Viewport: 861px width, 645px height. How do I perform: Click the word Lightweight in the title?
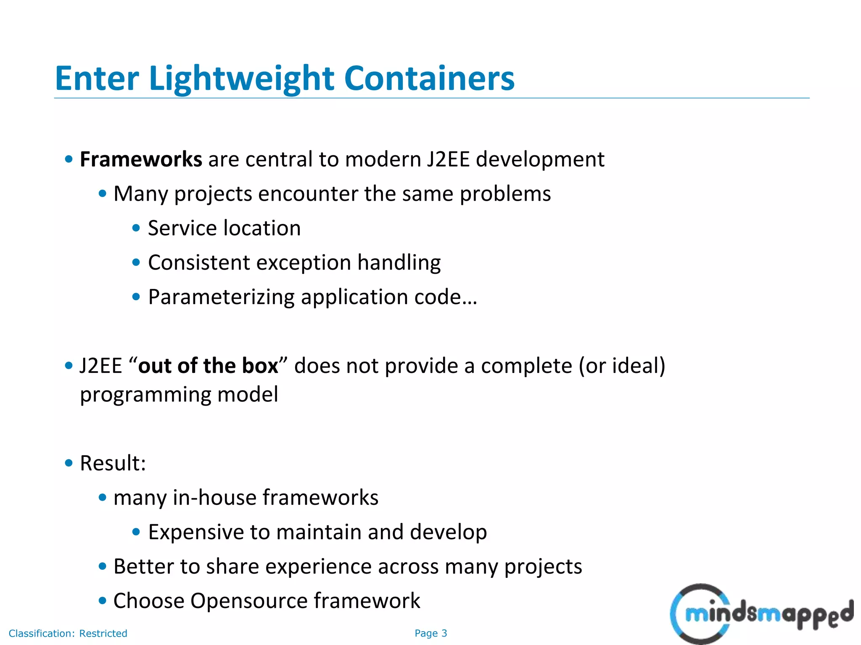pyautogui.click(x=242, y=79)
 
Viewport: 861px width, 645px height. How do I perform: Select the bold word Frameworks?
pyautogui.click(x=141, y=160)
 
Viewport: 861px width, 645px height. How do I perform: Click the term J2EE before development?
pyautogui.click(x=448, y=160)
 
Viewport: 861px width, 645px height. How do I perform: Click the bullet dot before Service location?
pyautogui.click(x=136, y=228)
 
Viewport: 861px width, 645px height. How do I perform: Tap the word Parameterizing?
pyautogui.click(x=221, y=297)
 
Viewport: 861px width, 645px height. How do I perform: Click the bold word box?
pyautogui.click(x=260, y=366)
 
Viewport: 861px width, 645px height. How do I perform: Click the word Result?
pyautogui.click(x=113, y=463)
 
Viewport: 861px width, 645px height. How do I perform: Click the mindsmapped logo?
pyautogui.click(x=761, y=613)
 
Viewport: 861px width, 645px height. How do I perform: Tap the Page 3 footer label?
pyautogui.click(x=430, y=633)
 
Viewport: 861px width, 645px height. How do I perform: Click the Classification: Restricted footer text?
pyautogui.click(x=68, y=633)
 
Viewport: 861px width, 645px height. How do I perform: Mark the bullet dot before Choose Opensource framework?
pyautogui.click(x=102, y=601)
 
